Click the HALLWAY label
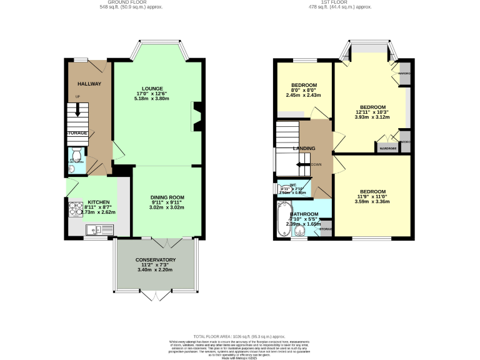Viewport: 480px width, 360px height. pos(89,84)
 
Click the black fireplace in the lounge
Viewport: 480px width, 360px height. pos(196,117)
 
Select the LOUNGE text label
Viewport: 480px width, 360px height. pos(152,89)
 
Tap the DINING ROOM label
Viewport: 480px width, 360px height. pos(167,197)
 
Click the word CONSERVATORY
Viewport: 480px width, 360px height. pos(156,260)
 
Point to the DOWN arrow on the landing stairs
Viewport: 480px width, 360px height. pos(304,165)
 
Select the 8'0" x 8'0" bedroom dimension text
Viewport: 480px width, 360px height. pos(304,91)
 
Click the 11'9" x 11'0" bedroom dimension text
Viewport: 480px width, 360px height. pos(372,197)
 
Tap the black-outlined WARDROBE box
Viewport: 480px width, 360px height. pos(386,148)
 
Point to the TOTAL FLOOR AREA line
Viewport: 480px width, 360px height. pos(240,336)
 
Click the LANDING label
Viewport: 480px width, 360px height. pos(304,148)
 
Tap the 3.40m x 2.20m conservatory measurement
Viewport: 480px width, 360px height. pos(156,271)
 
